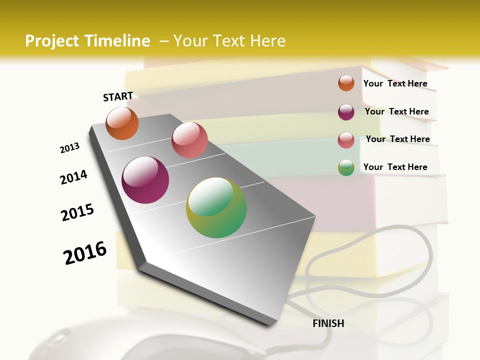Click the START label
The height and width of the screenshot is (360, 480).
click(118, 96)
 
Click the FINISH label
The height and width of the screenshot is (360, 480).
click(328, 323)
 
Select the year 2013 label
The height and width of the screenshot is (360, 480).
click(69, 148)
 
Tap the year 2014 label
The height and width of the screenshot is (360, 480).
click(73, 177)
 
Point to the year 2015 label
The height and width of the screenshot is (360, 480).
click(77, 212)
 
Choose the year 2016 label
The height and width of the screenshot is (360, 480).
click(85, 253)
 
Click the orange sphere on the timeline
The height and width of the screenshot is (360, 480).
click(122, 123)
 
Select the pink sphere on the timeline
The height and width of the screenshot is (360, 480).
click(189, 140)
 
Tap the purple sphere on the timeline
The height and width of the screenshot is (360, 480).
click(145, 180)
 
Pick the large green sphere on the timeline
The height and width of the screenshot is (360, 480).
click(216, 207)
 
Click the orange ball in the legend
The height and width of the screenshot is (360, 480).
click(346, 83)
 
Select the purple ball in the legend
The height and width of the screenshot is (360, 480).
click(346, 112)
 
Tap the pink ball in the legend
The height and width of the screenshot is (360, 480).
click(346, 140)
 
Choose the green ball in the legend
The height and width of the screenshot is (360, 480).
click(346, 167)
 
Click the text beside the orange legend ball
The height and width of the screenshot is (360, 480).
click(395, 83)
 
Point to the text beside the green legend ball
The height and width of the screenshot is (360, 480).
click(395, 167)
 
